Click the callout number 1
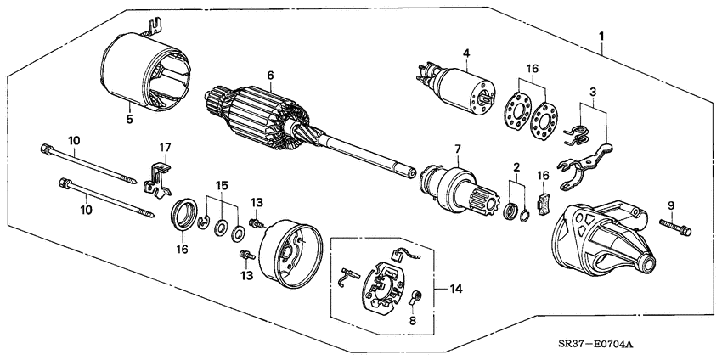[601, 37]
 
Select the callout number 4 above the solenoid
[465, 54]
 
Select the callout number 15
[221, 184]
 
